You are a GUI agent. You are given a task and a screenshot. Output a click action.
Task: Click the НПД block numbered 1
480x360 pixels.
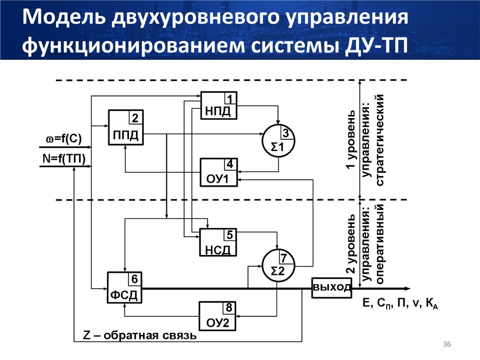[219, 105]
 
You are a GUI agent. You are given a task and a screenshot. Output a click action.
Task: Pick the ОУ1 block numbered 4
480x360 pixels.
[219, 172]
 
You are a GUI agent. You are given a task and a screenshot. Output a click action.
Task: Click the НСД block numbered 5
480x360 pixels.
[218, 242]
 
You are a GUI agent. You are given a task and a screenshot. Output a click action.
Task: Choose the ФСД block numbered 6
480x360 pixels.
[125, 288]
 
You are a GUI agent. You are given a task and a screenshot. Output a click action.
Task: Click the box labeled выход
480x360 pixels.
[332, 287]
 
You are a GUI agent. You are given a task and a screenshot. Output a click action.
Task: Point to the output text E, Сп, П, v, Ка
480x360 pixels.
[400, 305]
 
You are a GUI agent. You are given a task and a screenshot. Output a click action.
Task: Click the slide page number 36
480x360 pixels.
[446, 345]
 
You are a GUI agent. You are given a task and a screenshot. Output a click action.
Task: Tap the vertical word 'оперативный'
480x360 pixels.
[380, 244]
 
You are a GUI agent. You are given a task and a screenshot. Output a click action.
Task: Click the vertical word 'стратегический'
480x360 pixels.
[380, 140]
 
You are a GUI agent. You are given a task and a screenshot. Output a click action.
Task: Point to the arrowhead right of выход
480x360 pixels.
[407, 288]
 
